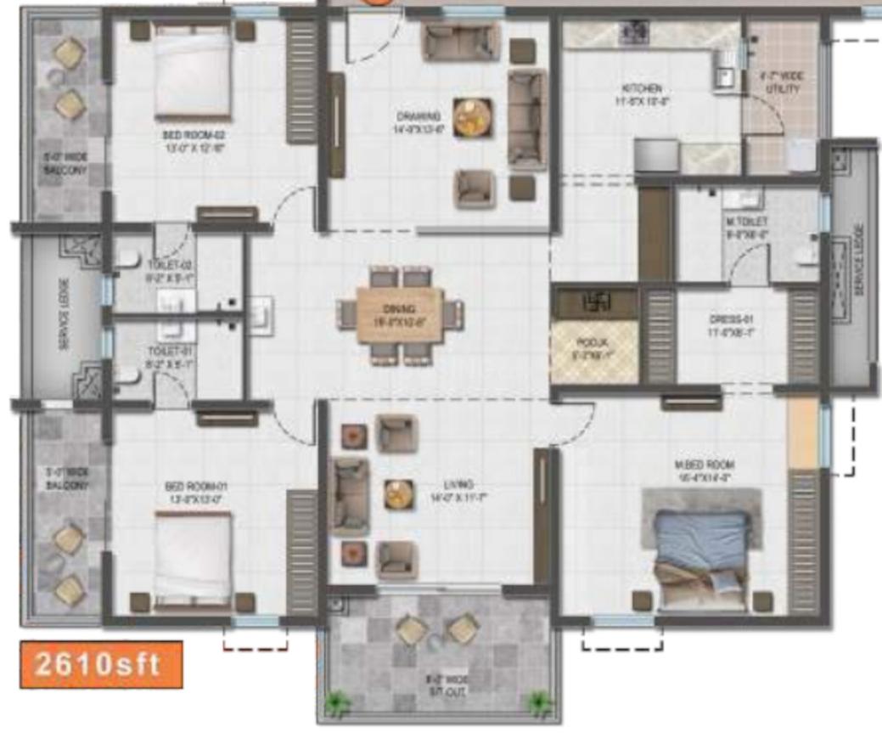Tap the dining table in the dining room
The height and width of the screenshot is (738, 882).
pyautogui.click(x=400, y=315)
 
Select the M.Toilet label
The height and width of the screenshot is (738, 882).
pyautogui.click(x=747, y=226)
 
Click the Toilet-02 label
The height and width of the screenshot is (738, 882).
pyautogui.click(x=160, y=270)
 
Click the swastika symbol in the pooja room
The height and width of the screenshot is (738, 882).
pyautogui.click(x=593, y=301)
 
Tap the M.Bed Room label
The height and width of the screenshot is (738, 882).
pyautogui.click(x=704, y=470)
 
